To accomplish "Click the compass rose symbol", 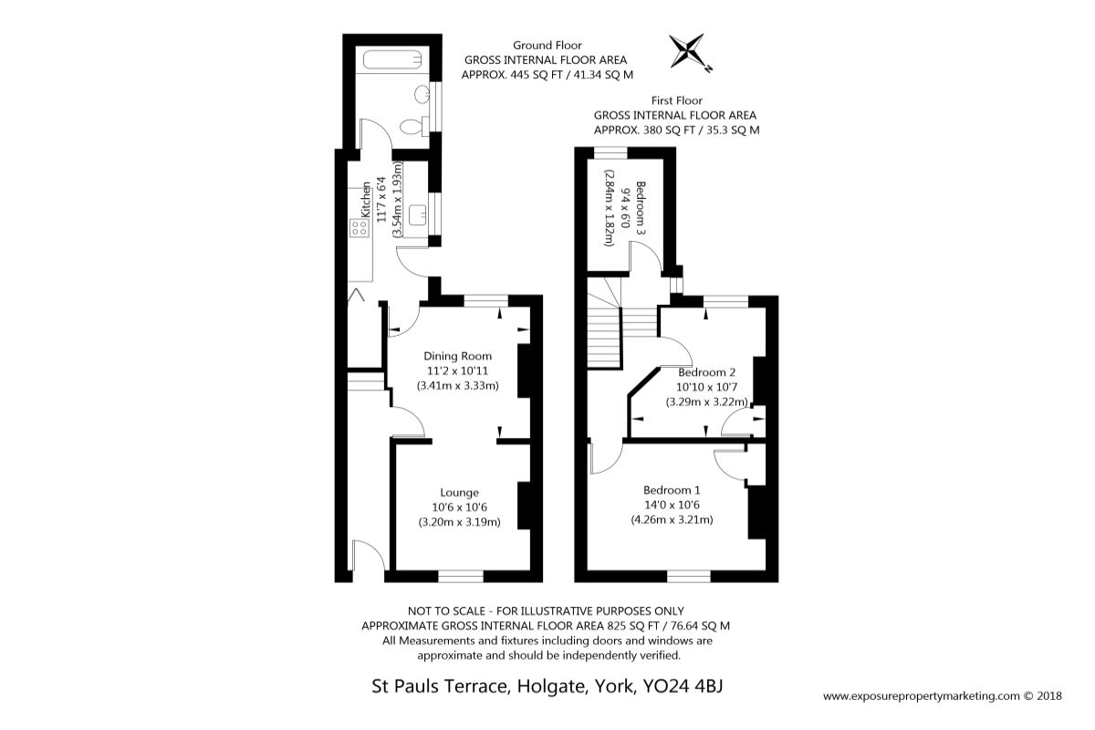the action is pos(687,51).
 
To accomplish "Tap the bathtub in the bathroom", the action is pos(392,60).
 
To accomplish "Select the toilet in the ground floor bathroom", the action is pos(414,127).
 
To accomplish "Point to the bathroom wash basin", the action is pos(422,94).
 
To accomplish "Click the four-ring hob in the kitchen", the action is pos(360,228).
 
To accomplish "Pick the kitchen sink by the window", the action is pos(418,215).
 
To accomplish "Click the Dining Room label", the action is pos(457,356).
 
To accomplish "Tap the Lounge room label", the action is pos(460,493).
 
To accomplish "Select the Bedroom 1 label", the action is pos(672,490).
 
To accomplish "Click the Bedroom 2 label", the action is pos(707,372).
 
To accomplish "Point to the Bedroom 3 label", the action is pos(641,208).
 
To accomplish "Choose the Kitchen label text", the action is pos(366,200).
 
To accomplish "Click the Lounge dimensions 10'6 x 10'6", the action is pos(460,507).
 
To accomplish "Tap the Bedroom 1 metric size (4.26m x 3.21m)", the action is pos(672,519).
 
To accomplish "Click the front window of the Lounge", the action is pos(461,577).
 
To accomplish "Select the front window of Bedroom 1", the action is pos(689,577).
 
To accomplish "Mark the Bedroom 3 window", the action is pos(610,153).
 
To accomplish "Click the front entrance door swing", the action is pos(368,555).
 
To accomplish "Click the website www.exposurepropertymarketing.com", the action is pos(922,696).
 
